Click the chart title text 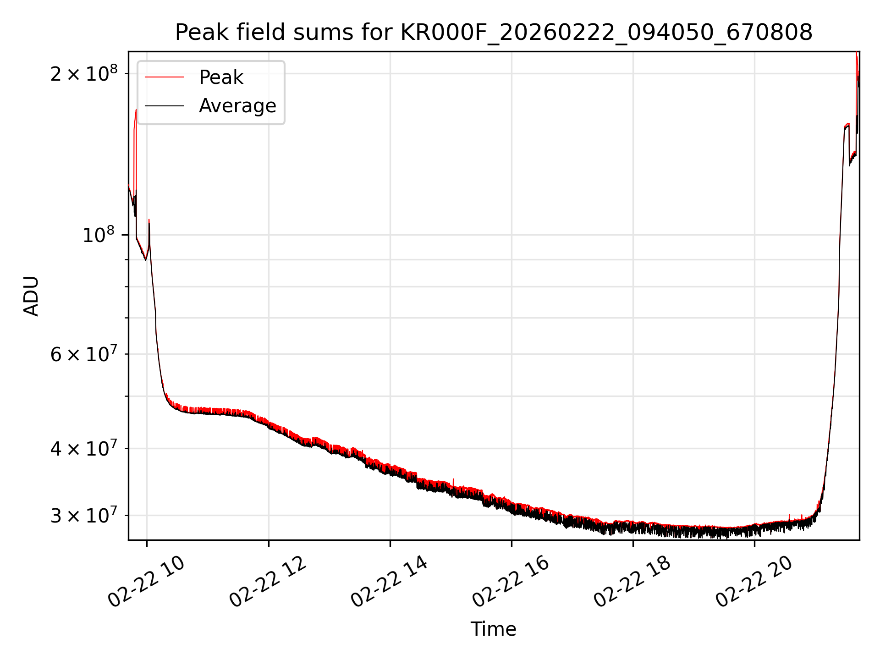tap(494, 33)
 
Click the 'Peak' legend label tap(221, 77)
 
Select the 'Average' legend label tap(237, 106)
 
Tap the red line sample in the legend tap(164, 77)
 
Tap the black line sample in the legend tap(164, 106)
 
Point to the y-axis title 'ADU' tap(31, 296)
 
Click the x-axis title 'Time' tap(493, 629)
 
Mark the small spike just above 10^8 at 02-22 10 tap(149, 221)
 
